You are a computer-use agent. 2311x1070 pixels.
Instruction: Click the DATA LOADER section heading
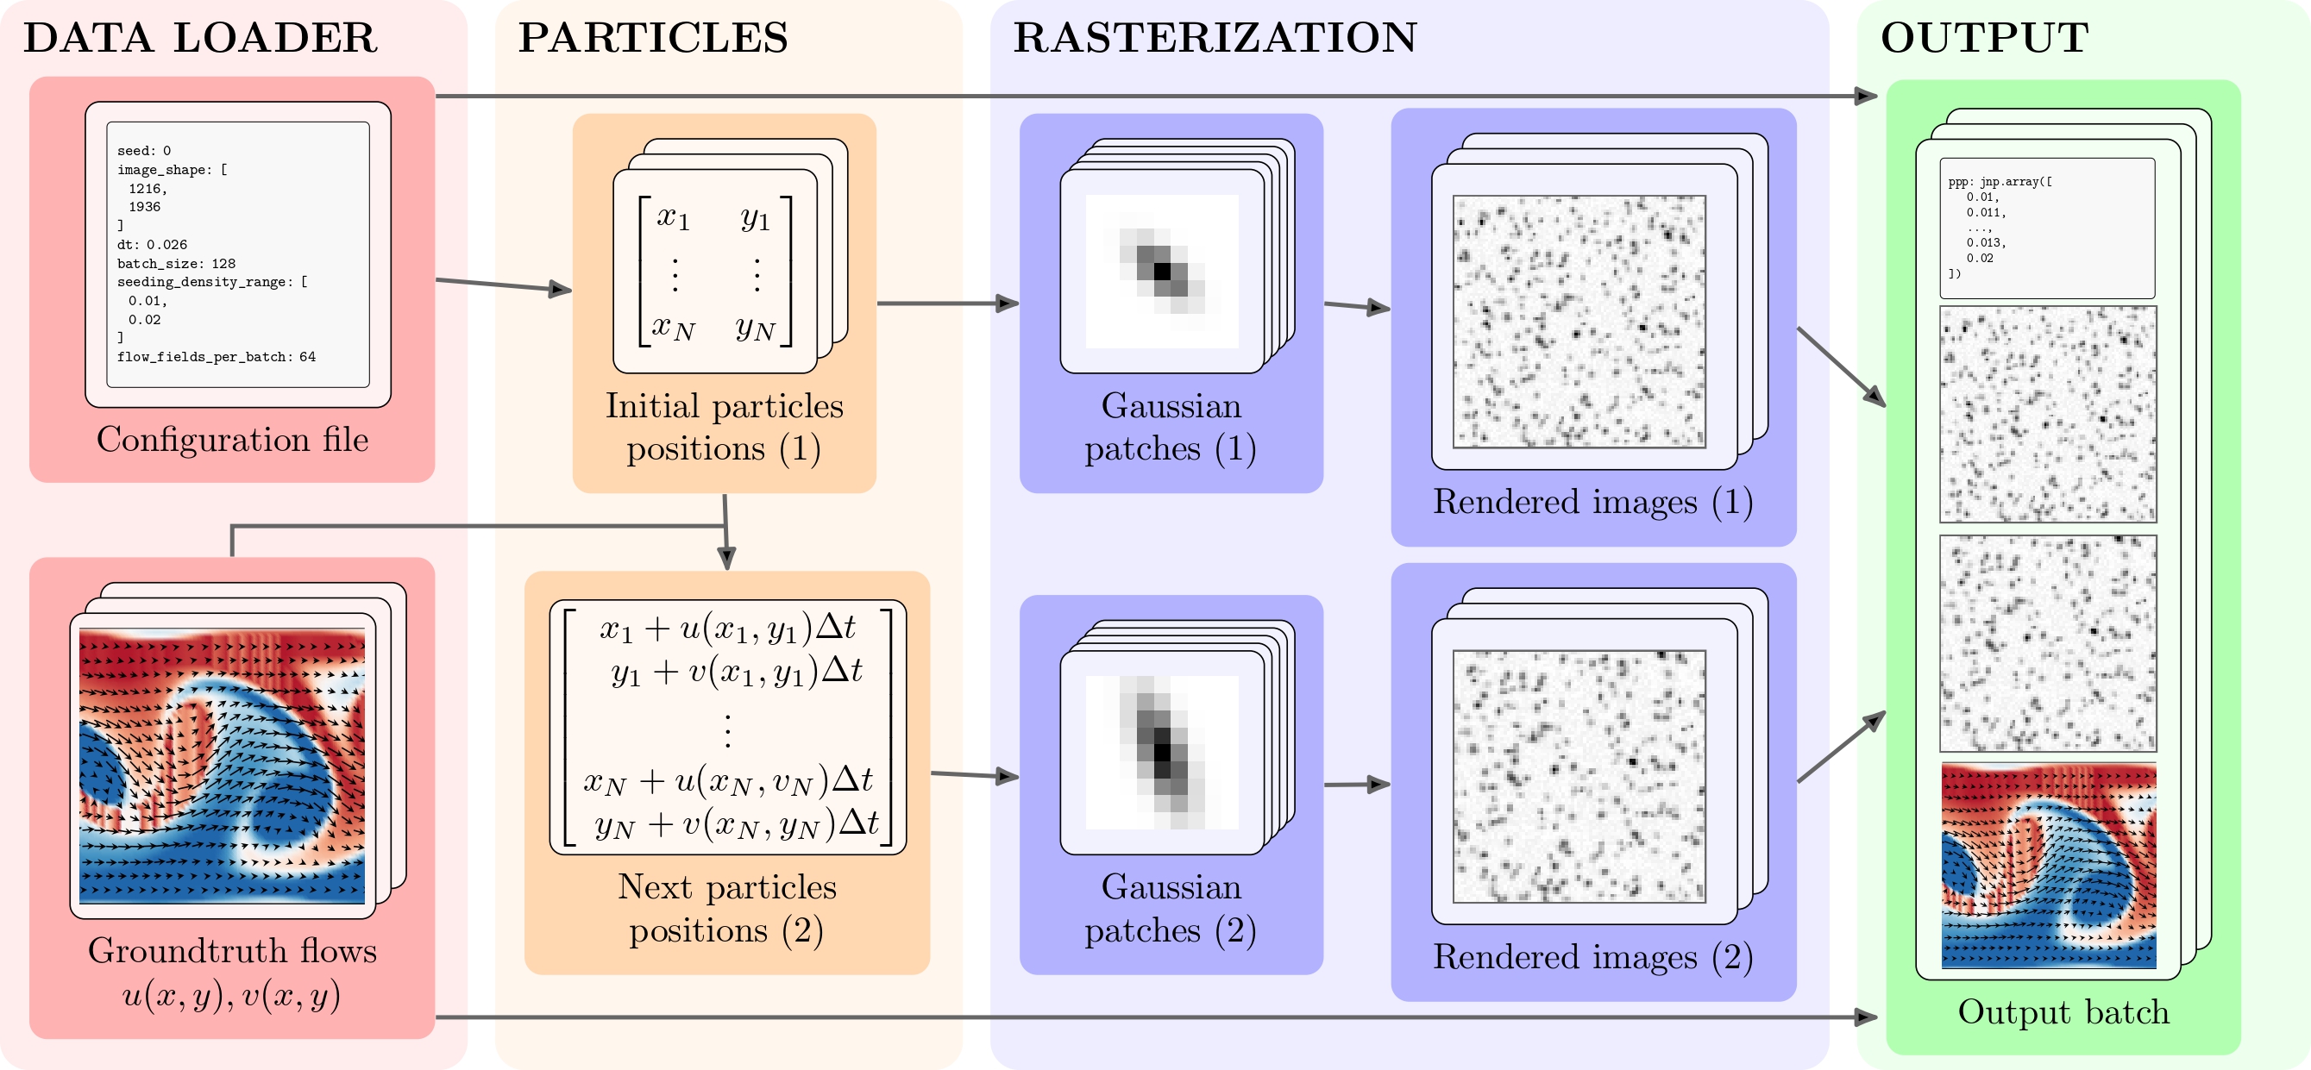[200, 38]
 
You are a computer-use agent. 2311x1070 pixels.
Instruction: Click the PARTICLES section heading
[653, 38]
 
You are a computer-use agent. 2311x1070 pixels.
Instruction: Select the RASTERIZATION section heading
[1215, 38]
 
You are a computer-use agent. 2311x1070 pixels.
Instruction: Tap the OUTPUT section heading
[1984, 38]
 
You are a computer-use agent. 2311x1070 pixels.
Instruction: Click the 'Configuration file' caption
[232, 440]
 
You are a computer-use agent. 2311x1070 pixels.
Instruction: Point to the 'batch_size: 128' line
[176, 264]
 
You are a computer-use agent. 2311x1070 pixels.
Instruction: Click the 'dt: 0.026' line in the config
[152, 245]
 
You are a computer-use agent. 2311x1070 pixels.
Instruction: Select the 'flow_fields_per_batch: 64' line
[217, 357]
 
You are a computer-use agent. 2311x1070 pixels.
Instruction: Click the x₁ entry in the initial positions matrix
[673, 218]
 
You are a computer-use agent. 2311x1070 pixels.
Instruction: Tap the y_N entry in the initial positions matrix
[756, 329]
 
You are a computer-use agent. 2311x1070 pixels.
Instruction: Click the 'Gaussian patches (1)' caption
[1171, 427]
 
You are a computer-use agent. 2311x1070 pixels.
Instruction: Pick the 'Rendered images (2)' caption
[1593, 957]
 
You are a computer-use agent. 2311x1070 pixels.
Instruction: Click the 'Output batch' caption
[2063, 1011]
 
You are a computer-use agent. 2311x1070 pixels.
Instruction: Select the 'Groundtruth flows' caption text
[232, 951]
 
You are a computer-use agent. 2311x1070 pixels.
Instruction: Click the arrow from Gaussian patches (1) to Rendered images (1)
[1357, 307]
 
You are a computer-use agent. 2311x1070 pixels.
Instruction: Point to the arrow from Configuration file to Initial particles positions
[503, 285]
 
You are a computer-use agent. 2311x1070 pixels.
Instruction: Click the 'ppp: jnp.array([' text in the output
[2000, 182]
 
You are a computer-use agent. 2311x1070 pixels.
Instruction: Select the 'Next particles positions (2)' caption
[726, 909]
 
